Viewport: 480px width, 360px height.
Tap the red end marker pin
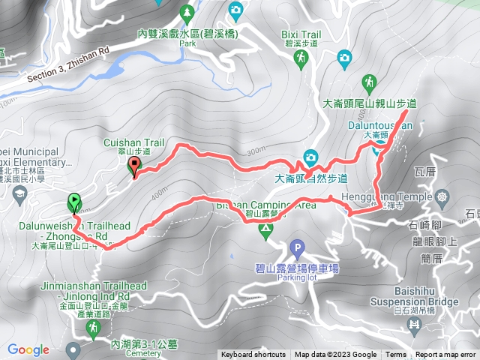tap(134, 166)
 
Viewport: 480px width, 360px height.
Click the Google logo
tap(28, 349)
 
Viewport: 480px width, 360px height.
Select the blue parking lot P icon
tap(298, 247)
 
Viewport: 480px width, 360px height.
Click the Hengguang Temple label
tap(398, 196)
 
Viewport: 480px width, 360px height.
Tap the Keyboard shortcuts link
tap(253, 355)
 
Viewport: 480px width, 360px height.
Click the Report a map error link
tap(445, 355)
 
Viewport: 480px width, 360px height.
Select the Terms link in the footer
tap(396, 355)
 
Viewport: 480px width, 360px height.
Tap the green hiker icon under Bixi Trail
tap(301, 58)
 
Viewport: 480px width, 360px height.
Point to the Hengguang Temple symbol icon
tap(442, 197)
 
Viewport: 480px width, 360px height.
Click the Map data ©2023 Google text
tap(335, 355)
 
